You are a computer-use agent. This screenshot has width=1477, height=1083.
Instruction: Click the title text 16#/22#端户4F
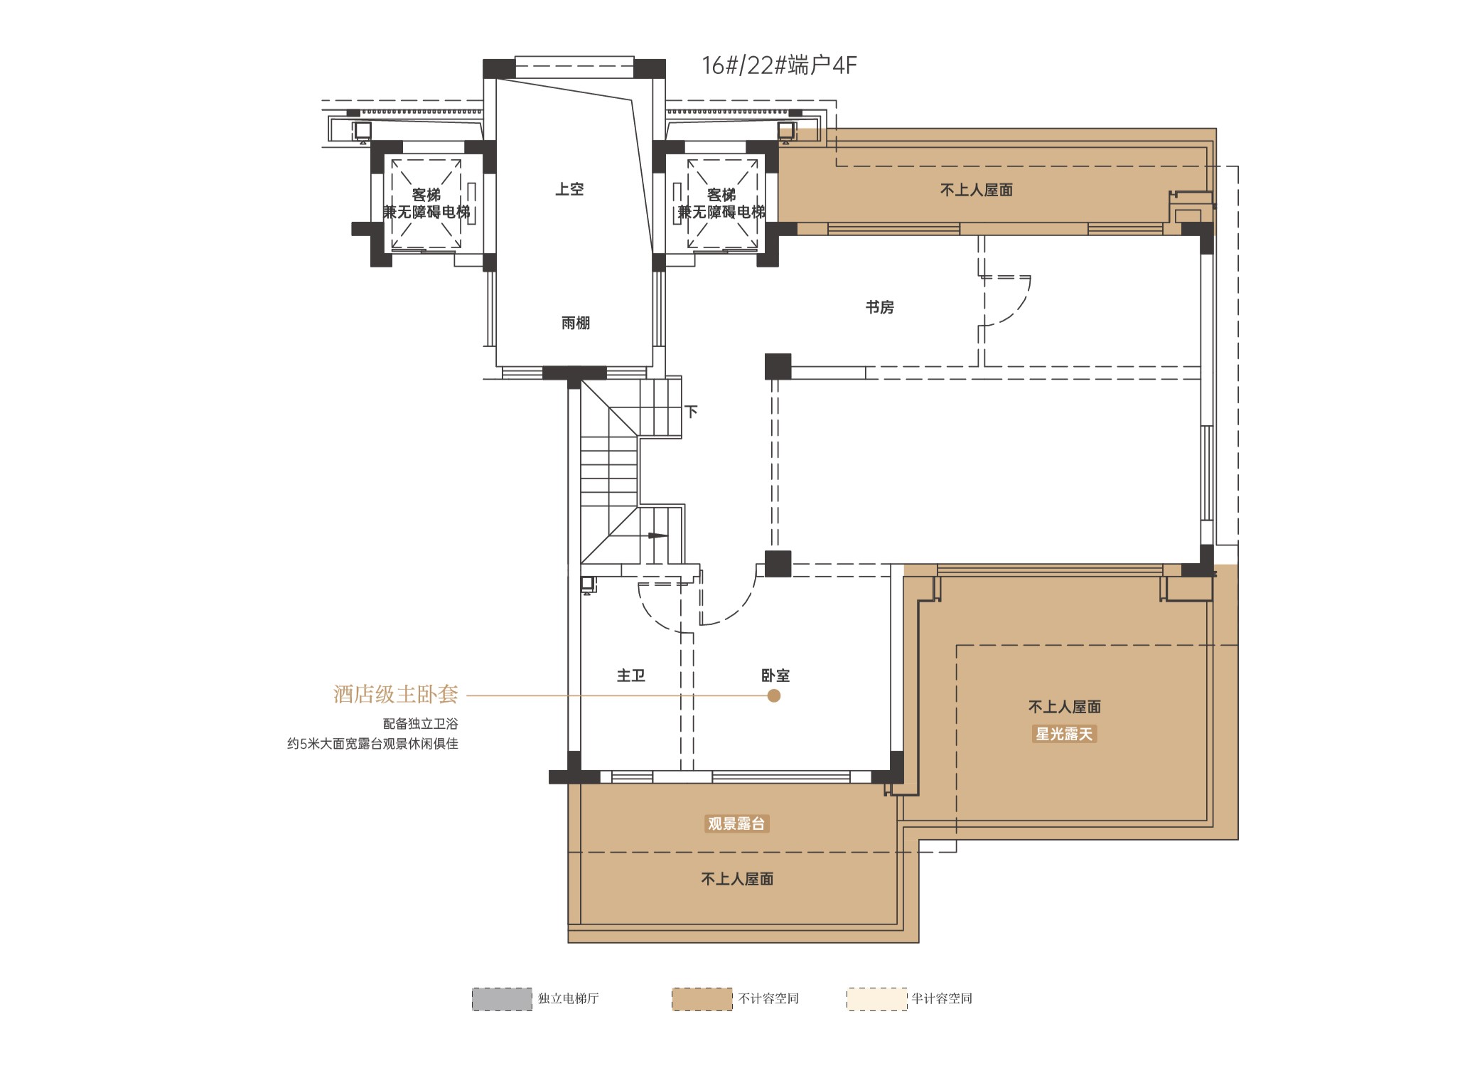pos(779,65)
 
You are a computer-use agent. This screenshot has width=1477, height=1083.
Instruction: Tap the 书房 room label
pos(880,307)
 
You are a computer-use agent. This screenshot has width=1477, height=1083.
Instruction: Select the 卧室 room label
pos(775,676)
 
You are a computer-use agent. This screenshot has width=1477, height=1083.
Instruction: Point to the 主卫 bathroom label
pos(631,676)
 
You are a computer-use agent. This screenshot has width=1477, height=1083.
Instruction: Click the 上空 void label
pos(569,189)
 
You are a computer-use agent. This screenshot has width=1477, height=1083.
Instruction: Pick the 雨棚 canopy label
pos(576,323)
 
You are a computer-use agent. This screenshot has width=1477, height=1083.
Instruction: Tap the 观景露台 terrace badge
pos(736,823)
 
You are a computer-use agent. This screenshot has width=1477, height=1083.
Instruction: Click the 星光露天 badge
pos(1064,734)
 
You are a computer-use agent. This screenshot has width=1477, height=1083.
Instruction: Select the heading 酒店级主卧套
pos(396,694)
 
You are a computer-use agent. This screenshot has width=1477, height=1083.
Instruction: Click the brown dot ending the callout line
pos(774,695)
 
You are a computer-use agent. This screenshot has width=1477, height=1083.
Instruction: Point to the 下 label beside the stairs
pos(691,411)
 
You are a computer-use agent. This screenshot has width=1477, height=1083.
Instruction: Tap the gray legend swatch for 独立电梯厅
pos(502,999)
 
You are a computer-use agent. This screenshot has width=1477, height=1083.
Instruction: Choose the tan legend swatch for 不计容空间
pos(702,999)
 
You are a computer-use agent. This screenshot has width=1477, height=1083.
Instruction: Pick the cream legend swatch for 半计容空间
pos(877,999)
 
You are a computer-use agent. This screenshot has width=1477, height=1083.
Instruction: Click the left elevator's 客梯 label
pos(426,195)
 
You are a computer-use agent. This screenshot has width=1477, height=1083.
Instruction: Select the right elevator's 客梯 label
pos(721,195)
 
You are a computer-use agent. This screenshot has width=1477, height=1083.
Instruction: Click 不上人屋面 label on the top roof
pos(977,190)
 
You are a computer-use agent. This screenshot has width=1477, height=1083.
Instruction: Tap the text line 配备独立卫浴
pos(421,724)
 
